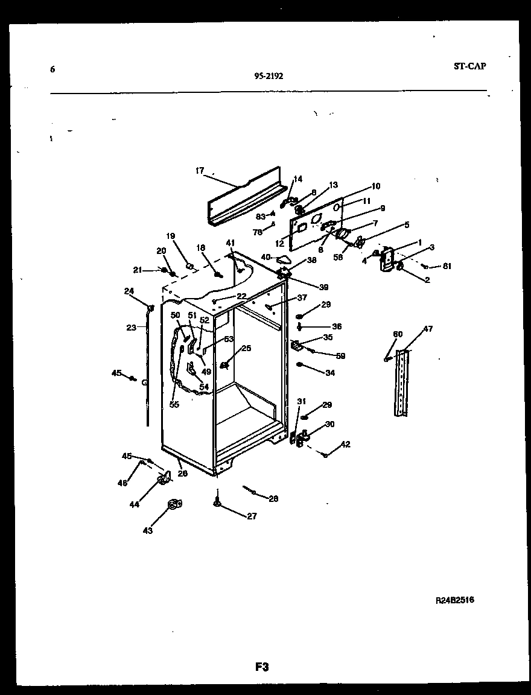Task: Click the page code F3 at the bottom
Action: (x=261, y=667)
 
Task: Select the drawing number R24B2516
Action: (x=454, y=600)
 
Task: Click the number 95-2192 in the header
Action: (x=269, y=76)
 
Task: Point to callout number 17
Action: (x=200, y=171)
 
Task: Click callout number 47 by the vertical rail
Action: (x=427, y=329)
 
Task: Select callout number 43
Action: (x=147, y=530)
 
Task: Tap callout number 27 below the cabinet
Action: (x=251, y=516)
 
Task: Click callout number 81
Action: (x=447, y=266)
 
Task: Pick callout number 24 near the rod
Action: (x=129, y=291)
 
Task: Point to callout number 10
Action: (x=375, y=186)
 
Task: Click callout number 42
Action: (x=345, y=445)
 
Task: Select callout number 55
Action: (x=174, y=404)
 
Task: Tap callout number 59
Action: (x=340, y=356)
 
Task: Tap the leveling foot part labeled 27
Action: (x=216, y=501)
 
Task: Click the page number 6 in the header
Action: (x=52, y=69)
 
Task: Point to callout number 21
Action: (x=138, y=270)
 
